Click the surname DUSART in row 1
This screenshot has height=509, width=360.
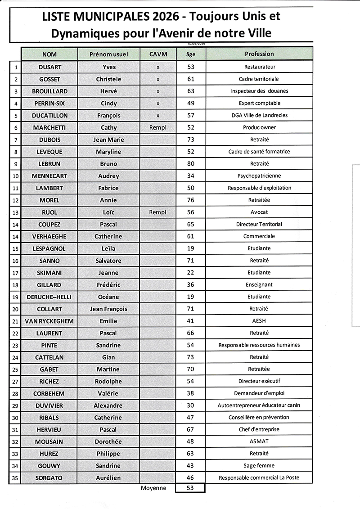point(49,67)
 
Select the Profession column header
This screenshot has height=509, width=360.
point(259,54)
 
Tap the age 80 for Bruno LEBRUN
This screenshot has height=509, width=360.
point(190,164)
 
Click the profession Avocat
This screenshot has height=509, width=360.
point(259,212)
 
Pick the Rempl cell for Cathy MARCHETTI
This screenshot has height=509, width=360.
point(157,127)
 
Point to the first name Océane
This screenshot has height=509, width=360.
point(108,297)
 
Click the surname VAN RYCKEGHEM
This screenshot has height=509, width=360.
point(49,321)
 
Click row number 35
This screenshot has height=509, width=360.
point(15,478)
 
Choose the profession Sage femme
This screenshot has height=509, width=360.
point(259,465)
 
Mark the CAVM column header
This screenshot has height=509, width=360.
point(157,54)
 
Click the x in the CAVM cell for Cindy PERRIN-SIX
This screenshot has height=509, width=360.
point(157,104)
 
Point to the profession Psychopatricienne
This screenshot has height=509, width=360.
point(259,176)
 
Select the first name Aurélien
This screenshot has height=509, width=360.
point(108,477)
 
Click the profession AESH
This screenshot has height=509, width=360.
point(259,321)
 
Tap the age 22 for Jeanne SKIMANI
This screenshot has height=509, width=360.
point(190,272)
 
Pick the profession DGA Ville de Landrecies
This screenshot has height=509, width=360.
point(259,116)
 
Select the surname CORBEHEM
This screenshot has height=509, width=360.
point(49,393)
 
